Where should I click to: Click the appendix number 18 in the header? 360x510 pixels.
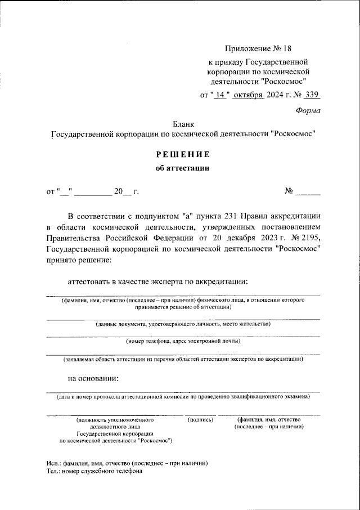coord(287,50)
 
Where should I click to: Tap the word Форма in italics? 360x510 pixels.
coord(308,111)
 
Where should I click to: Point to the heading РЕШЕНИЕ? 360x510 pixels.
coord(183,154)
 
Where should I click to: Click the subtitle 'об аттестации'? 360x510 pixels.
coord(183,168)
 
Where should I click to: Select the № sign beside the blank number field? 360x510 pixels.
coord(290,191)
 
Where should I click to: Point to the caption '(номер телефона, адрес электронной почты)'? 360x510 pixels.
coord(183,341)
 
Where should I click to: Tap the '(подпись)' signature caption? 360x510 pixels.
coord(200,420)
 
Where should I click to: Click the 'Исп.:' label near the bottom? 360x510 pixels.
coord(56,463)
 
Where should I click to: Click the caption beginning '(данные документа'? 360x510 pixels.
coord(183,324)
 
